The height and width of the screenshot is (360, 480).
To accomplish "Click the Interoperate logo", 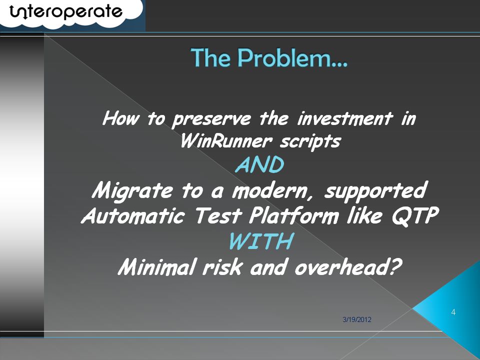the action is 66,12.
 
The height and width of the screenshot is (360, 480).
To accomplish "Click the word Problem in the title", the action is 293,58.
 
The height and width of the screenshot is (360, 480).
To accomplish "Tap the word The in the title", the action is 210,58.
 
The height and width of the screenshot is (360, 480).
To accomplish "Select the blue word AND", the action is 259,164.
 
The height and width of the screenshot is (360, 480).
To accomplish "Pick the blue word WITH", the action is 261,241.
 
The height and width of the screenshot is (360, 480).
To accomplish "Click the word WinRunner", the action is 226,141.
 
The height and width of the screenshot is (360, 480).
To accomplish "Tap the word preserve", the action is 211,119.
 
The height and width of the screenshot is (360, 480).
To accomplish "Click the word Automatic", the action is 133,215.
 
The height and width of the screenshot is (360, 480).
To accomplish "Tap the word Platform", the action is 294,215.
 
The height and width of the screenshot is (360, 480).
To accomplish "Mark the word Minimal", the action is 156,266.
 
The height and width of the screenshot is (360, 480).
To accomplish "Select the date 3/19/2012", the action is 357,319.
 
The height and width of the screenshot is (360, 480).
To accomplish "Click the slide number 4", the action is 453,312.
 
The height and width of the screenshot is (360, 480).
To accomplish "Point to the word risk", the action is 222,266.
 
